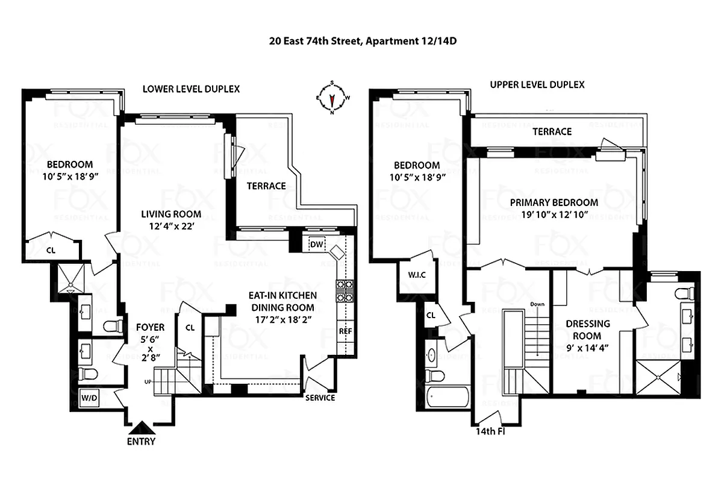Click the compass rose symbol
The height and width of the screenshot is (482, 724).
(332, 98)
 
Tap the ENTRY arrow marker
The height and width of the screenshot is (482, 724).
(142, 428)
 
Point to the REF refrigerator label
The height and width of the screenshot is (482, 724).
(346, 331)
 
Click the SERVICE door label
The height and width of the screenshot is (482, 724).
(320, 398)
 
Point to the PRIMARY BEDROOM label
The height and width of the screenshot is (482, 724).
(554, 202)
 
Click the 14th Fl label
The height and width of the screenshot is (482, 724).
(489, 431)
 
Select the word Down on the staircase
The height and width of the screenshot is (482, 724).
(537, 304)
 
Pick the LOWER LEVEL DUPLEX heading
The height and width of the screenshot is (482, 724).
(191, 89)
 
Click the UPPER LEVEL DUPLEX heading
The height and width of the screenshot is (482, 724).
(537, 85)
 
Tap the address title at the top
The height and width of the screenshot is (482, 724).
(361, 42)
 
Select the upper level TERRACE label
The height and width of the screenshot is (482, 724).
(552, 131)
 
